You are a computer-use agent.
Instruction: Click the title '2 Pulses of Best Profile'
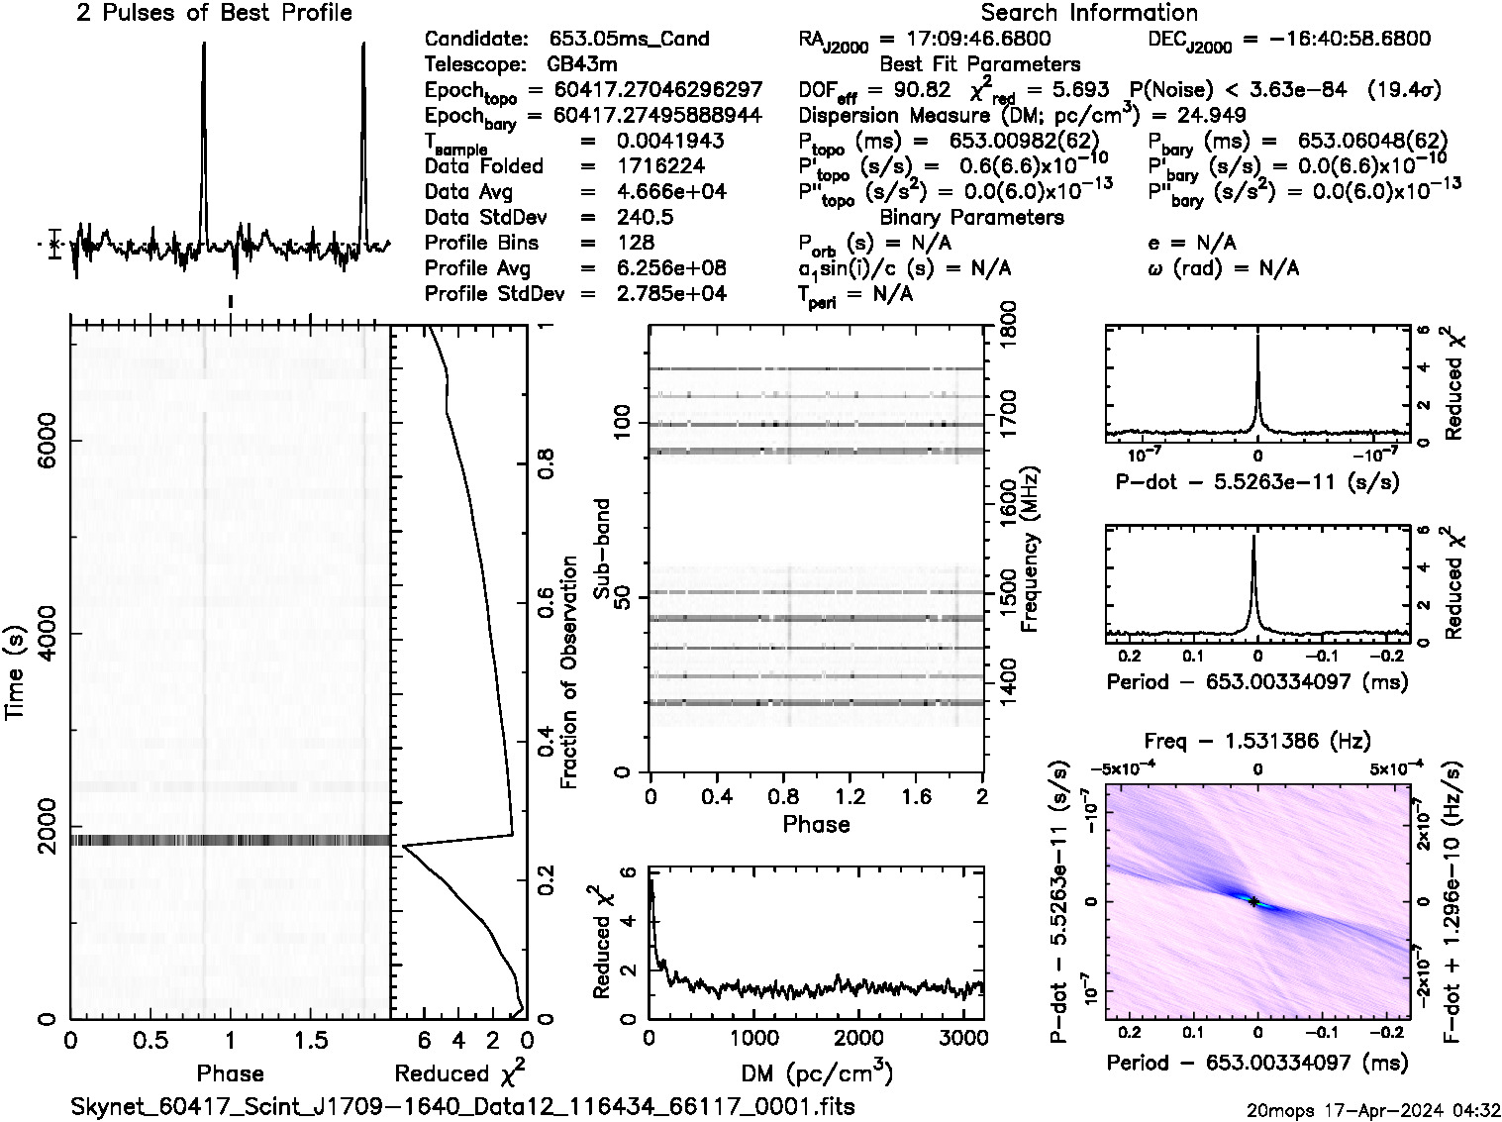click(x=214, y=13)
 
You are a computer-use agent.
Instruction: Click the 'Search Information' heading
click(x=1089, y=13)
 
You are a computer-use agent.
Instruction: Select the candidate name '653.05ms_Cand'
click(x=629, y=40)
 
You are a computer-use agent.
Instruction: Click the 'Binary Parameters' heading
click(x=971, y=218)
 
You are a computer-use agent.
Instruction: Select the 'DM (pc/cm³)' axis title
click(x=816, y=1073)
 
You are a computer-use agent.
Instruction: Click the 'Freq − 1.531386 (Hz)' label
click(x=1256, y=741)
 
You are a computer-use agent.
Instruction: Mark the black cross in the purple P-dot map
click(x=1253, y=901)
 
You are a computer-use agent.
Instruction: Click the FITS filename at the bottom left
click(x=462, y=1106)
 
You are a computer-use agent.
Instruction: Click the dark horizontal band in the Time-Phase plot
click(x=231, y=841)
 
